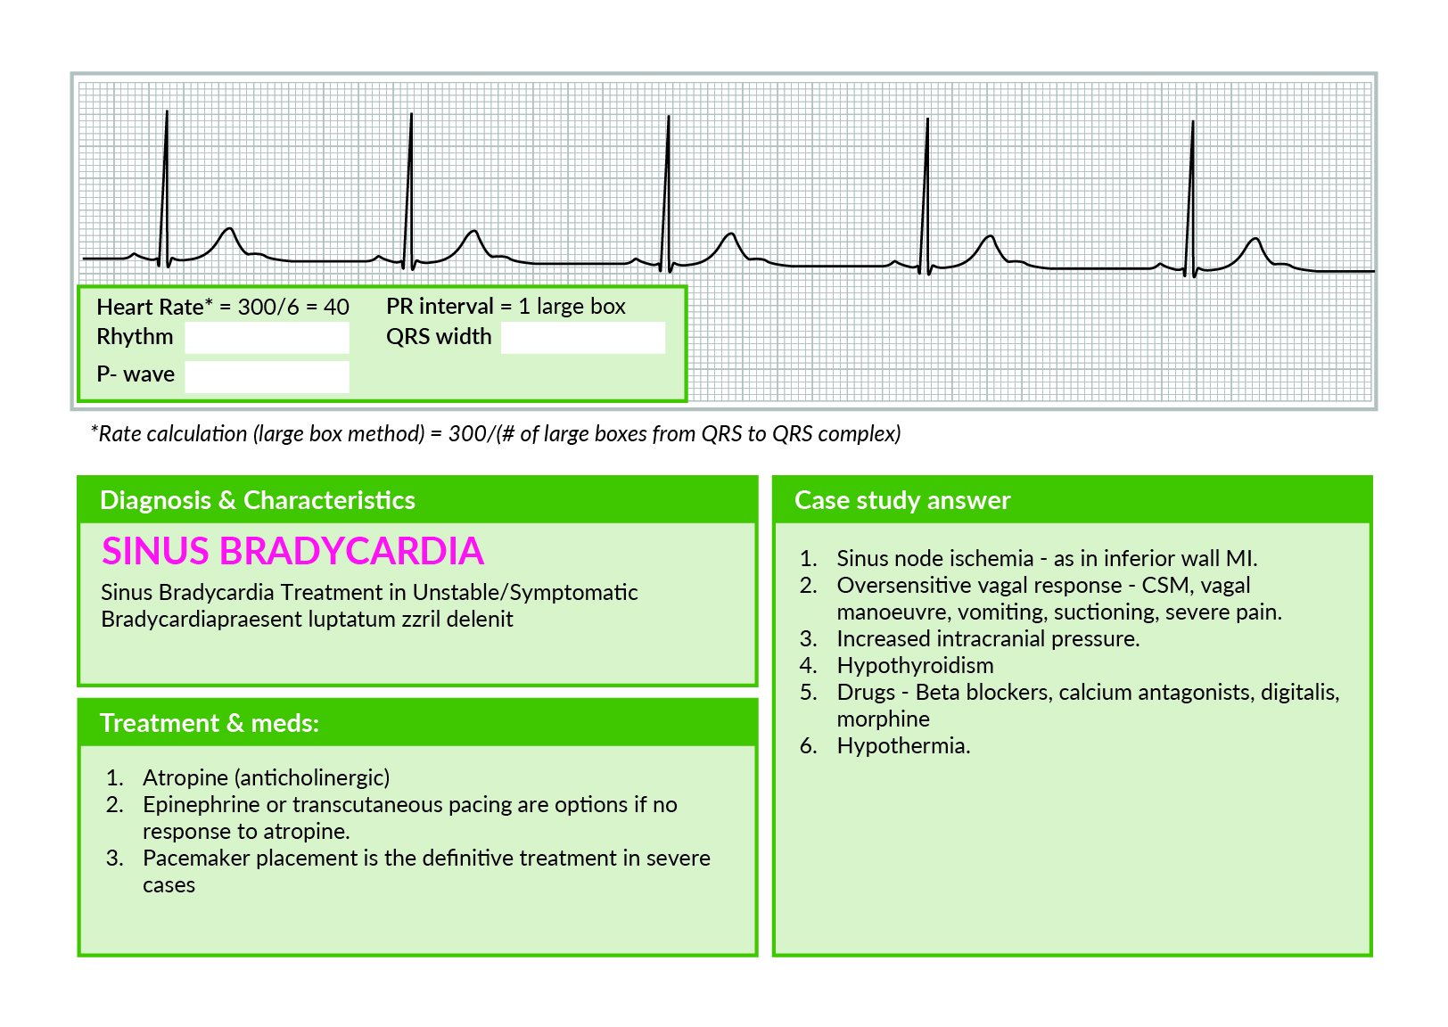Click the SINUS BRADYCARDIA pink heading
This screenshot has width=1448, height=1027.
292,551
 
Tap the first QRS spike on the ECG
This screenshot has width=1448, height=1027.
166,178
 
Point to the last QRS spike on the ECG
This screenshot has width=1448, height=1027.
1192,187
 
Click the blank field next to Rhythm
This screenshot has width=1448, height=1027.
267,338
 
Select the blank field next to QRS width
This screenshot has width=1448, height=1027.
582,338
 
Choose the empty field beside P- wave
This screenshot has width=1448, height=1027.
267,376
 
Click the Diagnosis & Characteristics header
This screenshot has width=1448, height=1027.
258,500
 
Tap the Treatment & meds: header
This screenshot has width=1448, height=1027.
210,723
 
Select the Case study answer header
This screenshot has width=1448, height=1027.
902,500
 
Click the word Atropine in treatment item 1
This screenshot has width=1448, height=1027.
185,777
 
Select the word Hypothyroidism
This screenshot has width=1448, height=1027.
915,665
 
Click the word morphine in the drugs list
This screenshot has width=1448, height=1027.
883,719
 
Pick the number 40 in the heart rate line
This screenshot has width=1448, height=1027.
336,307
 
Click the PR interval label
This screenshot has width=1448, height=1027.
440,306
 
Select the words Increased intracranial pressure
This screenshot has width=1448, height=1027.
988,638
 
